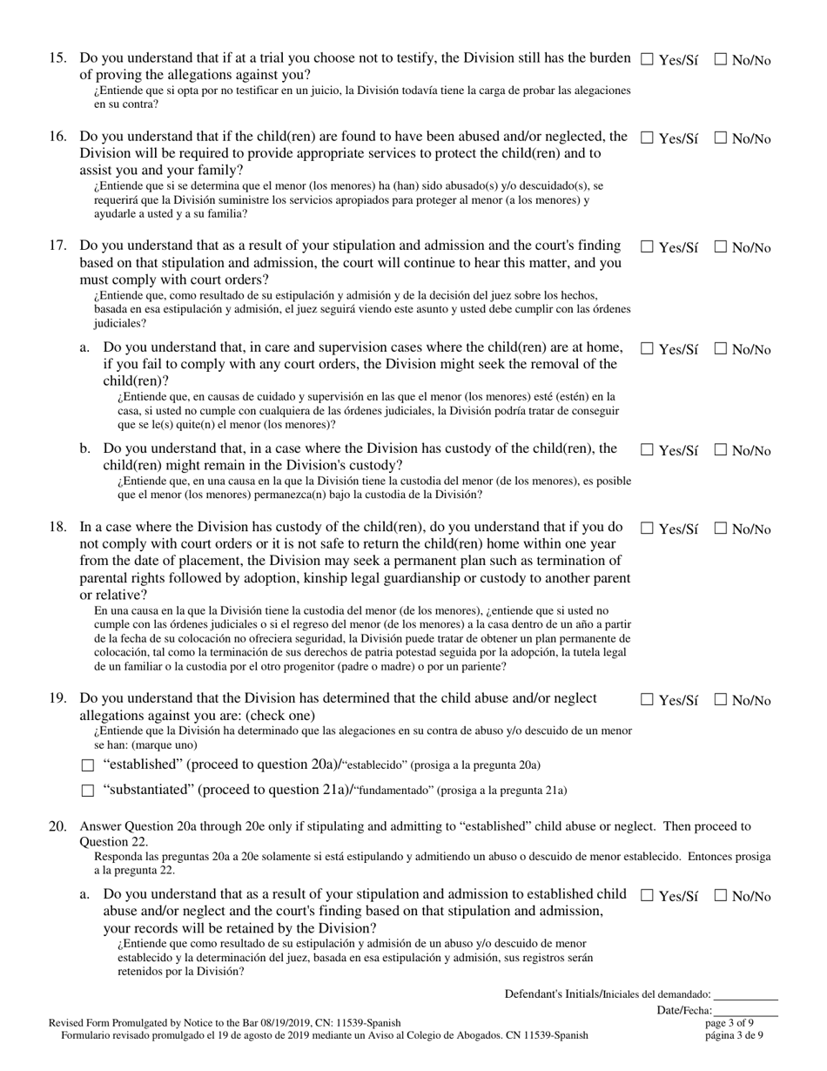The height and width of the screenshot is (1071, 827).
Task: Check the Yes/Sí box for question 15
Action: (x=647, y=60)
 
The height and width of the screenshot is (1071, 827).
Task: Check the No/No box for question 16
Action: (x=721, y=138)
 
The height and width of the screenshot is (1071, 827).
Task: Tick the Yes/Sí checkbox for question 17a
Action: (x=647, y=349)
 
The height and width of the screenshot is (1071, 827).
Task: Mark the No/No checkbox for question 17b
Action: (x=721, y=450)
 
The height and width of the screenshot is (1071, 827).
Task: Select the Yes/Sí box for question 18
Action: (x=647, y=529)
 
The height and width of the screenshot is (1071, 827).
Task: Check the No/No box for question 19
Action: (x=721, y=700)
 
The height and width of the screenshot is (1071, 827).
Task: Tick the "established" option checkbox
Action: (x=86, y=766)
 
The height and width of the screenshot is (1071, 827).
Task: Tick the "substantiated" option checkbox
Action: (x=86, y=791)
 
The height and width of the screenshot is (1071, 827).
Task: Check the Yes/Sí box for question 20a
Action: (x=647, y=896)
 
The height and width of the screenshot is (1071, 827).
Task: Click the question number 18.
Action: (x=57, y=528)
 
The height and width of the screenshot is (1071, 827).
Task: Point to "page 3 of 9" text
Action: (x=730, y=1023)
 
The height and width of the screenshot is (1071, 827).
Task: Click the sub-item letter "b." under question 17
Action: (x=84, y=449)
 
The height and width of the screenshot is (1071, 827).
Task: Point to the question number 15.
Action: (x=57, y=59)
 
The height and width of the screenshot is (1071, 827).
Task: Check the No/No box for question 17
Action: (x=721, y=247)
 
